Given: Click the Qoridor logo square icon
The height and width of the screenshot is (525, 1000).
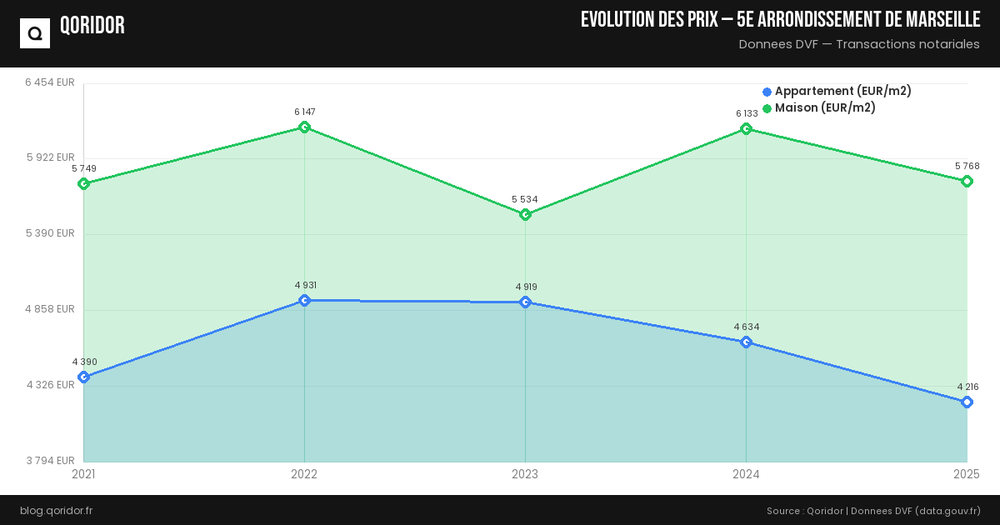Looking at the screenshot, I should pyautogui.click(x=35, y=33).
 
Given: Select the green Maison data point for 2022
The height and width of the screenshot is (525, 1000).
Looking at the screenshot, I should pyautogui.click(x=304, y=127).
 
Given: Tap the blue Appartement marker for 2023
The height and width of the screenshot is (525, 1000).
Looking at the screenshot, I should pyautogui.click(x=525, y=302).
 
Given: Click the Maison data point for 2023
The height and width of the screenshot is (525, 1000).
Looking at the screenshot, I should pyautogui.click(x=525, y=215).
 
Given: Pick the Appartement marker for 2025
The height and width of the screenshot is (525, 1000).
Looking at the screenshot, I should pyautogui.click(x=967, y=402).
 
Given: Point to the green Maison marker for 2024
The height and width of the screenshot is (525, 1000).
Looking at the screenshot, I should pyautogui.click(x=746, y=129).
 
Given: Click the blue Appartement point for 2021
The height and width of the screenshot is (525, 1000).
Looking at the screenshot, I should pyautogui.click(x=83, y=377).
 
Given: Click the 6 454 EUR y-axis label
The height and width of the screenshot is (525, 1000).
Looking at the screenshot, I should pyautogui.click(x=50, y=82).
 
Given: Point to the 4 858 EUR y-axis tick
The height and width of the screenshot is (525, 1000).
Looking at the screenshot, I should pyautogui.click(x=50, y=309).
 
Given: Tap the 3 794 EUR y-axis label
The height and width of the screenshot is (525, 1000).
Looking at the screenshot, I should pyautogui.click(x=50, y=461).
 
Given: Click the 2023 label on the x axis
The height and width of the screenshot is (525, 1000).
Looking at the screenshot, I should pyautogui.click(x=525, y=475).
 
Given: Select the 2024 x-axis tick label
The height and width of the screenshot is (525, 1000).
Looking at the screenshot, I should pyautogui.click(x=746, y=475).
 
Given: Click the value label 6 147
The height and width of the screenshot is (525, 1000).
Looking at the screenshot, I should pyautogui.click(x=304, y=112).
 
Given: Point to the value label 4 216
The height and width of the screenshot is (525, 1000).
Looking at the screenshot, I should pyautogui.click(x=967, y=387).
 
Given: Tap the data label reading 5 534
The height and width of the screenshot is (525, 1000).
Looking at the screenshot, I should pyautogui.click(x=525, y=199).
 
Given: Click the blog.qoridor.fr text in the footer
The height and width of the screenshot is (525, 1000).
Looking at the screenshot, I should pyautogui.click(x=56, y=510).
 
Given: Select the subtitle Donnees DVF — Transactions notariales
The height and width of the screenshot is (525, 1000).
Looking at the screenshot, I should pyautogui.click(x=859, y=44).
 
